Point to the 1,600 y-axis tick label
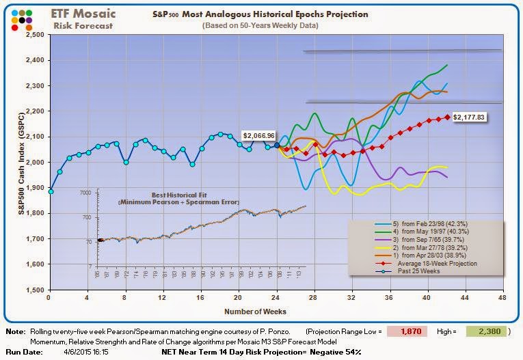[x=35, y=264]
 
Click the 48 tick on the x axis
[x=502, y=299]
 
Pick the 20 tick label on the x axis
[x=238, y=299]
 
